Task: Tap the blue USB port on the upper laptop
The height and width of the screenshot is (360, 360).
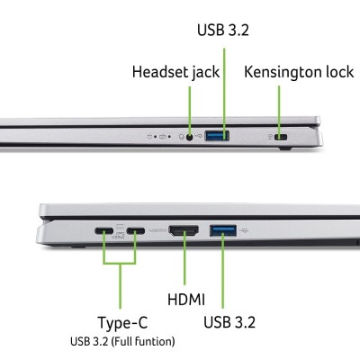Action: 218,137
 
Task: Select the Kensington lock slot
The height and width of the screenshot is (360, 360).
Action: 280,138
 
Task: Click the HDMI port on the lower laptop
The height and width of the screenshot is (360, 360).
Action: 184,231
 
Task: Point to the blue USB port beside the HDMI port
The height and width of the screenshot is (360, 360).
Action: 221,231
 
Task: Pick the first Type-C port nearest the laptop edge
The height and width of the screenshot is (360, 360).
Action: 104,231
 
